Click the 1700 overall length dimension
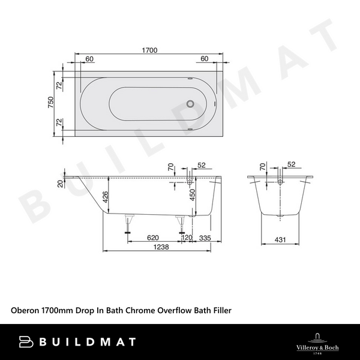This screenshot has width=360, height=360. tap(149, 50)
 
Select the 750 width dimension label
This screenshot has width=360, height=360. tap(51, 103)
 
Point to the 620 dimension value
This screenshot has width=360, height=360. tap(154, 238)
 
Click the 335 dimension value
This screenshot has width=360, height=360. tap(206, 238)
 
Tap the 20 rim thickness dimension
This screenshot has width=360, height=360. tap(59, 184)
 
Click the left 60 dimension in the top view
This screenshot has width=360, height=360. tap(89, 59)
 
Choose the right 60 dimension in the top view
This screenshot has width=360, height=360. tap(204, 59)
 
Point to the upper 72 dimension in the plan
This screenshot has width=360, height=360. tap(59, 85)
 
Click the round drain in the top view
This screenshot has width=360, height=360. tap(191, 103)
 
